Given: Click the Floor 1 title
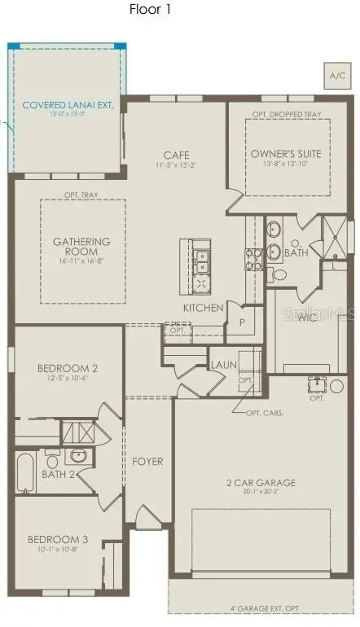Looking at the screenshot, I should pos(150,10).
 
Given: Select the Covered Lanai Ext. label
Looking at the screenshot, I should pos(68,105).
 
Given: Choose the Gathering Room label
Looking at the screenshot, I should pos(81,246).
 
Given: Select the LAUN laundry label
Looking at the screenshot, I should pos(223,364).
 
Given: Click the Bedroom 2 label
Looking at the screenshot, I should pos(68,368).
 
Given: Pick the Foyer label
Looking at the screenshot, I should pos(147,462).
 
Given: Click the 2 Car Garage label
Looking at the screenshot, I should pos(261,483).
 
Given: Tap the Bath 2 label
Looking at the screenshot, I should pos(59,474).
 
